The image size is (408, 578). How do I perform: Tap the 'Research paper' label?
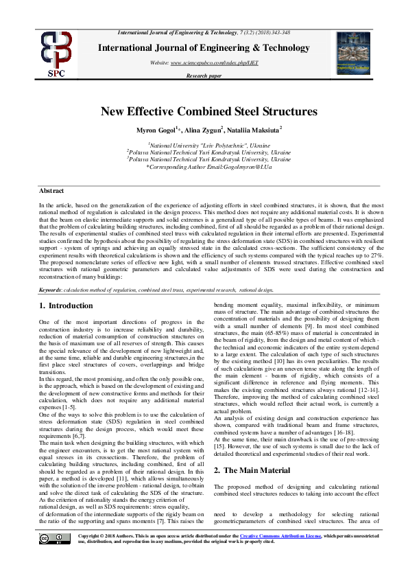(x=204, y=76)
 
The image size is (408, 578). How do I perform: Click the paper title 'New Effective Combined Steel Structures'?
(x=204, y=111)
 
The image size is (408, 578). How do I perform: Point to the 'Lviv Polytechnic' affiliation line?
(x=204, y=146)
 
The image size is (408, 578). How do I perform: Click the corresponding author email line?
(x=204, y=167)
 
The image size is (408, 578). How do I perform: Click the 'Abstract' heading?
(x=51, y=189)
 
